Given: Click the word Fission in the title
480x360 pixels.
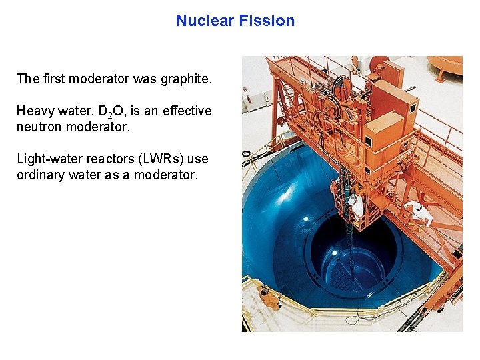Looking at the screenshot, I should [269, 21].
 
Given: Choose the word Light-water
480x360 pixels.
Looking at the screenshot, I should [47, 159].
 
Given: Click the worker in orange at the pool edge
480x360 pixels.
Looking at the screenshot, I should [269, 297].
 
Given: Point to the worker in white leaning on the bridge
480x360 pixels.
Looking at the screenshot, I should [418, 211].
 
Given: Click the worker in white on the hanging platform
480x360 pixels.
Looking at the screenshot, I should [357, 206].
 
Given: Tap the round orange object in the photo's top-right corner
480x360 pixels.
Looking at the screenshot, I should [445, 67].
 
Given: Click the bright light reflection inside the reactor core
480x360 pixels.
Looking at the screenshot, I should [334, 253].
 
